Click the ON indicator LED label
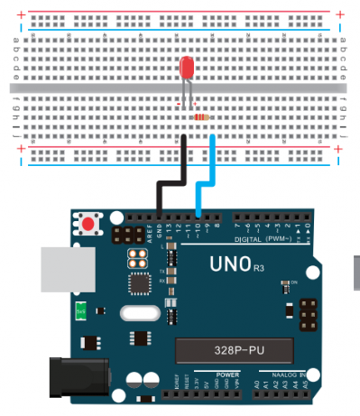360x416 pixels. coord(294,282)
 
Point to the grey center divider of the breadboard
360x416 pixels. coord(180,88)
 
